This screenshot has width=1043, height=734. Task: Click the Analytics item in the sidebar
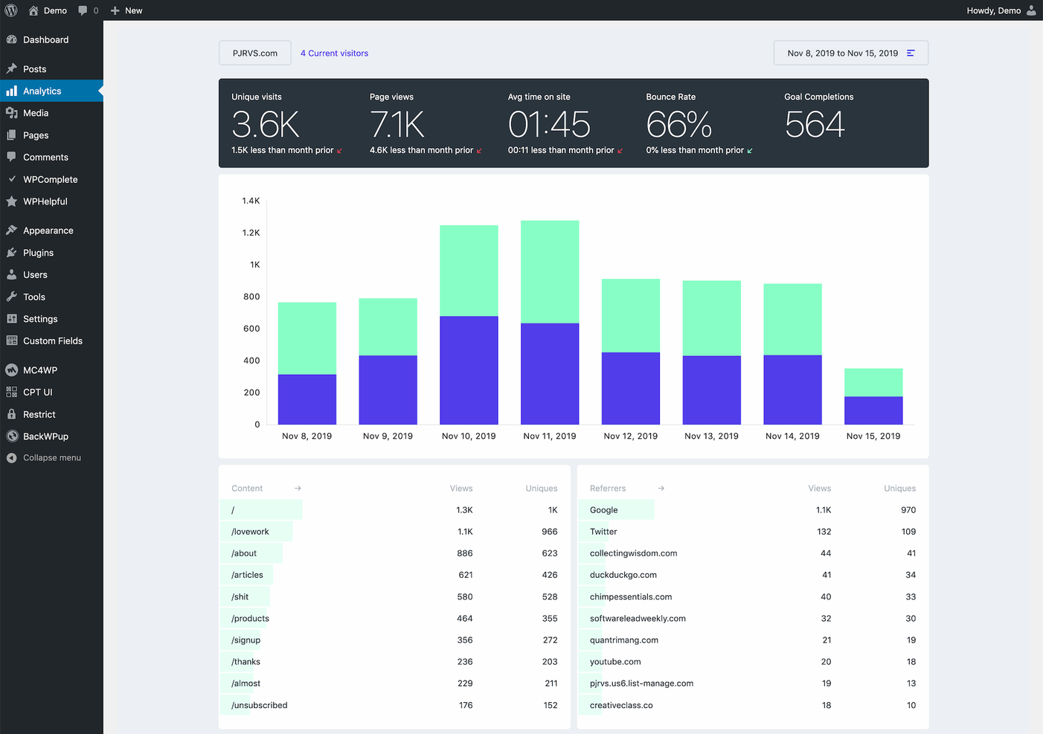42,91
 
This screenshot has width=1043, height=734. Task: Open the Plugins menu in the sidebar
38,253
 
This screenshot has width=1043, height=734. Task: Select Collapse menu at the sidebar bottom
51,458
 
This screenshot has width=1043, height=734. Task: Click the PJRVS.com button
254,54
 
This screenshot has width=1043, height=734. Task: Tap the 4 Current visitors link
334,54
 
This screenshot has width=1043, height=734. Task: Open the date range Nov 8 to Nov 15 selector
850,54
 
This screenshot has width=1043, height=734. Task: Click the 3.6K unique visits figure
266,124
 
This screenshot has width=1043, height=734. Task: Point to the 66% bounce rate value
678,124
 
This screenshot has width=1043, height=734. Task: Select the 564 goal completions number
815,124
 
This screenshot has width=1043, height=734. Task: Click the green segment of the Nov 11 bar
550,271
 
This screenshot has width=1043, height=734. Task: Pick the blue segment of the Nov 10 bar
469,370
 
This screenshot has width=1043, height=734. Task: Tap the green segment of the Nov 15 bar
873,382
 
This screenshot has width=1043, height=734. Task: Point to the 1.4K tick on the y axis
251,201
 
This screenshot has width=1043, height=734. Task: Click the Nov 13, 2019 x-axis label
711,437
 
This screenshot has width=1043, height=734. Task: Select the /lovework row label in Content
250,532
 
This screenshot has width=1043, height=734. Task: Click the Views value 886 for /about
464,553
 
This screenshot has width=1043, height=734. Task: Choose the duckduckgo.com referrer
623,575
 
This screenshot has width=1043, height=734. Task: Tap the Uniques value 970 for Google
908,510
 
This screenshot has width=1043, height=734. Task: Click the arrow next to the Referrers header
661,489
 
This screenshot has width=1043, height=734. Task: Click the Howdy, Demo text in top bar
993,10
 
